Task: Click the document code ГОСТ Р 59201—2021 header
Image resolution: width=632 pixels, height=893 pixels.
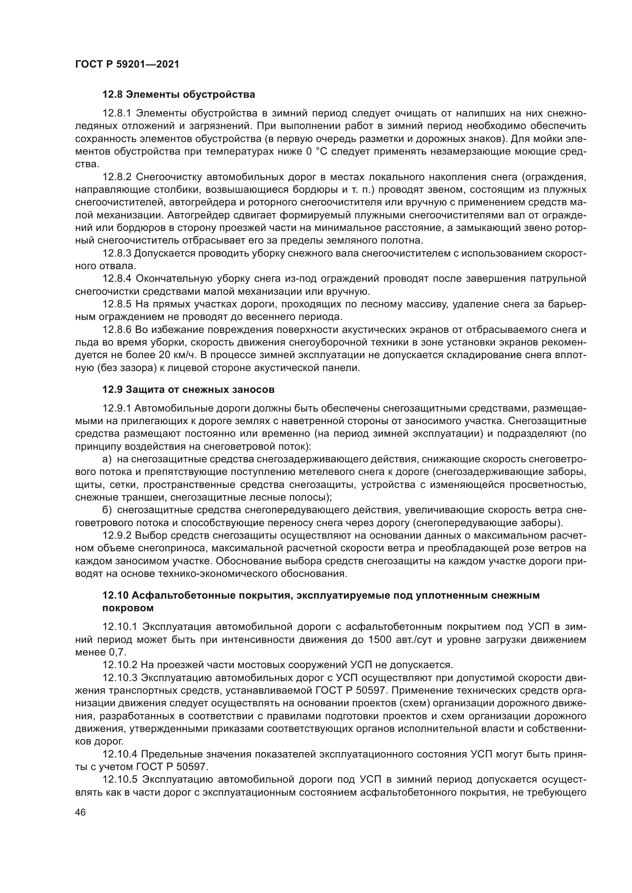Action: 127,64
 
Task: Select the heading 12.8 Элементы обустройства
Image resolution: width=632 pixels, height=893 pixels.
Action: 178,95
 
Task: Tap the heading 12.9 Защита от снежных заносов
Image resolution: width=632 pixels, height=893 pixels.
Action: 188,389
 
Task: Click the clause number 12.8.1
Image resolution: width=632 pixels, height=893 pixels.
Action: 117,113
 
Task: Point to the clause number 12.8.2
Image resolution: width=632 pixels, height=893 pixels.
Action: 117,178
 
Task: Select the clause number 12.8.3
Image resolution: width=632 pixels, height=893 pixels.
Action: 117,254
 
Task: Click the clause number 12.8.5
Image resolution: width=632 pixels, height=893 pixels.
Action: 117,304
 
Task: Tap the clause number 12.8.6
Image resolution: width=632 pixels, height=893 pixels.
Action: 117,330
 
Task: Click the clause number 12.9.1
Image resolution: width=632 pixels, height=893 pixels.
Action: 117,409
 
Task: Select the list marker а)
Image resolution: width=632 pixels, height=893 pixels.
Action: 107,459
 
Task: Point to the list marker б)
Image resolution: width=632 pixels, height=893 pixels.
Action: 107,510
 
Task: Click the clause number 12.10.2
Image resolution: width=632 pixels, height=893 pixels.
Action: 120,665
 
